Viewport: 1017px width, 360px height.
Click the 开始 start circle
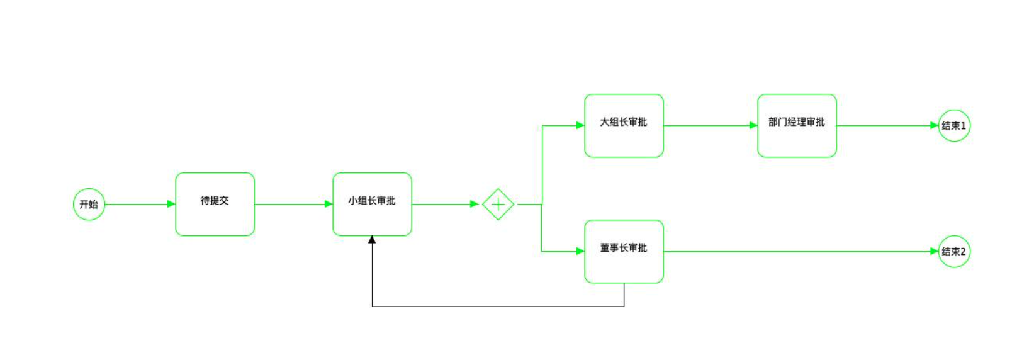click(89, 205)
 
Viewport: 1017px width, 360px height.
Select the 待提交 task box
click(215, 205)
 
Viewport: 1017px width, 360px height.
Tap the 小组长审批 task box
click(372, 205)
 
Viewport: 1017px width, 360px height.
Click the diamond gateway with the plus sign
click(498, 205)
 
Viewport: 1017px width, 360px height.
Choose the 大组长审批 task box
click(624, 126)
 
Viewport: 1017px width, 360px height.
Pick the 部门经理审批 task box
click(797, 126)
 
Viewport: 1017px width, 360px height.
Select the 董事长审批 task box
click(624, 252)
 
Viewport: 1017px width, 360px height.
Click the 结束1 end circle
click(954, 126)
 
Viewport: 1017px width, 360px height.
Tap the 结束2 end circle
click(954, 252)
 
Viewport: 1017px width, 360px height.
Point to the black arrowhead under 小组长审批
click(372, 240)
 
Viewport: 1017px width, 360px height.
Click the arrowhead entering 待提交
click(171, 204)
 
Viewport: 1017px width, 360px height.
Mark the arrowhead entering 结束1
click(934, 125)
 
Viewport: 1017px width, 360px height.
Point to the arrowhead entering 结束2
click(934, 251)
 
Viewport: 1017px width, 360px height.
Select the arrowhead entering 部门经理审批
click(753, 125)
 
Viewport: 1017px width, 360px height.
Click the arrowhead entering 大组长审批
click(580, 125)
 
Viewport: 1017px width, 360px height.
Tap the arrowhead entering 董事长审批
click(580, 251)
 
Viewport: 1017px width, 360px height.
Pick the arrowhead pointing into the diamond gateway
click(475, 204)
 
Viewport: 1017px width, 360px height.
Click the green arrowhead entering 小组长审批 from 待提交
click(329, 204)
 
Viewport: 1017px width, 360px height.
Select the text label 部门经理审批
click(796, 122)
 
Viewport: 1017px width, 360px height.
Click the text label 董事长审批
click(623, 248)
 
